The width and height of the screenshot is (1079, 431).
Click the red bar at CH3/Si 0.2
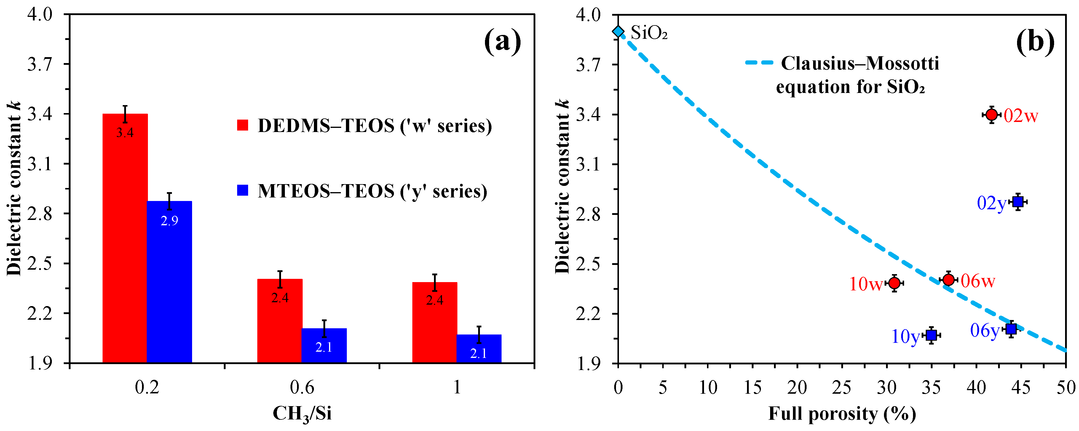click(x=125, y=239)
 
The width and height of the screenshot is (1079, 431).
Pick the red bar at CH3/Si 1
click(x=434, y=322)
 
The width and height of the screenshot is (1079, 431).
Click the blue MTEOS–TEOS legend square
click(x=242, y=190)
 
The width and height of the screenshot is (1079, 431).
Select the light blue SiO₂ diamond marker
click(x=618, y=31)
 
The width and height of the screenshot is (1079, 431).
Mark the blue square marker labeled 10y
click(x=931, y=335)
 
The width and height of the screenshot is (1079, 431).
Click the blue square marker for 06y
click(x=1011, y=329)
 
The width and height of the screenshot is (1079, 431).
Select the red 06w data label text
click(x=978, y=281)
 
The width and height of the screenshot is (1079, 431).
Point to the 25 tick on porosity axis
click(x=842, y=387)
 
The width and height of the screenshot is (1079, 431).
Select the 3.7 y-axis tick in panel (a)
click(x=40, y=64)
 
